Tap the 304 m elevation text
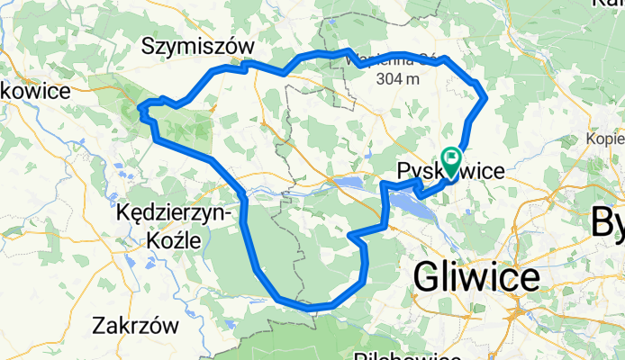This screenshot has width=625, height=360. click(400, 79)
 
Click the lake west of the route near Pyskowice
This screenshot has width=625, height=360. click(347, 184)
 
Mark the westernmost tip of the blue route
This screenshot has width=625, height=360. click(139, 109)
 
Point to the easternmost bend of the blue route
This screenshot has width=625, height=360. click(486, 97)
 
